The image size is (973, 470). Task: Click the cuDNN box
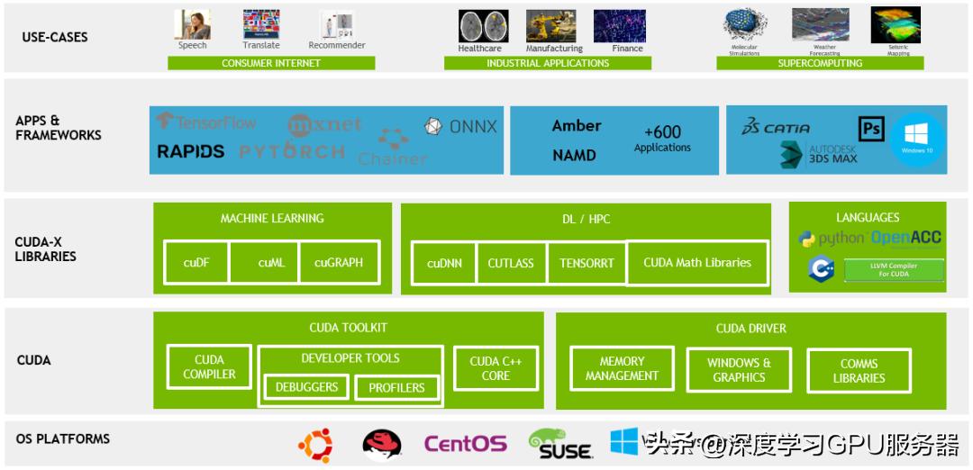(x=443, y=263)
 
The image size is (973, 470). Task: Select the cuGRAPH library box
(x=339, y=263)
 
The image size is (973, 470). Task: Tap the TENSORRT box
(x=587, y=263)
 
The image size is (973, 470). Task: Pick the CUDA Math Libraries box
(x=697, y=262)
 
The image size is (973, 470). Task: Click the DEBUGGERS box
(x=306, y=387)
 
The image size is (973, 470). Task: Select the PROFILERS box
(x=396, y=387)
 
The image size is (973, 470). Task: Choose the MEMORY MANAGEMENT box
(x=622, y=368)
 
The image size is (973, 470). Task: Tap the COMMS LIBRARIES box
(x=859, y=370)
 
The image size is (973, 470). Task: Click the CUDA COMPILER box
(x=209, y=366)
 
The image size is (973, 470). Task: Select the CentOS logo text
(x=465, y=444)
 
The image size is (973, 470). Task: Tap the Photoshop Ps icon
(x=871, y=129)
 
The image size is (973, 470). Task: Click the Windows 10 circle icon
(x=917, y=140)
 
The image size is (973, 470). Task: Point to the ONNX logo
(x=460, y=127)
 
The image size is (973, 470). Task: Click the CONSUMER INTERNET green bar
(x=270, y=63)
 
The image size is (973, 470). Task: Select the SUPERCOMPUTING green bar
(x=820, y=63)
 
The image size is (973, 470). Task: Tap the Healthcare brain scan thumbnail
(x=483, y=26)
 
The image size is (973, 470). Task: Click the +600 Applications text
(x=662, y=139)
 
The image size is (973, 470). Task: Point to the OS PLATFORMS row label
(x=63, y=438)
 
